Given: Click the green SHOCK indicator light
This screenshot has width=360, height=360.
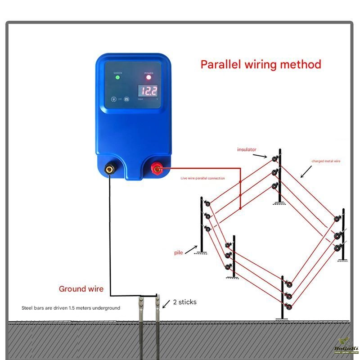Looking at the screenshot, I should pyautogui.click(x=117, y=77).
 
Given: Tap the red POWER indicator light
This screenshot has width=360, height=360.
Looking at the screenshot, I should pyautogui.click(x=148, y=77).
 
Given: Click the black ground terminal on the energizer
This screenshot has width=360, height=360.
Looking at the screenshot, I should pyautogui.click(x=109, y=170).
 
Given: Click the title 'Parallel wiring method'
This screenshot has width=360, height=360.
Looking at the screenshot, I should pyautogui.click(x=261, y=64).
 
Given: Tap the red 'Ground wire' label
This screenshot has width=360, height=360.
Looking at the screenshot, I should pyautogui.click(x=81, y=289).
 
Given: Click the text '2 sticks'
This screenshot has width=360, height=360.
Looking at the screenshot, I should pyautogui.click(x=184, y=302).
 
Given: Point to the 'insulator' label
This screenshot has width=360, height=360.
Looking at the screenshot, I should pyautogui.click(x=247, y=149).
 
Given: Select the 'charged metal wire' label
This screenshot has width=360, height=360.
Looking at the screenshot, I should pyautogui.click(x=326, y=161).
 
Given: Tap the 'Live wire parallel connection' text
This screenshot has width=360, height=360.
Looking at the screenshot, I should pyautogui.click(x=202, y=178).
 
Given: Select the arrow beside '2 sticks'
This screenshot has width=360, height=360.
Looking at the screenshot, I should pyautogui.click(x=166, y=304).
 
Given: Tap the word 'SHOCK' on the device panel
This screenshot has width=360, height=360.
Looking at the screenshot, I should pyautogui.click(x=117, y=72).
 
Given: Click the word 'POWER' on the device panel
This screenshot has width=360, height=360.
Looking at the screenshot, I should pyautogui.click(x=148, y=72).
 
